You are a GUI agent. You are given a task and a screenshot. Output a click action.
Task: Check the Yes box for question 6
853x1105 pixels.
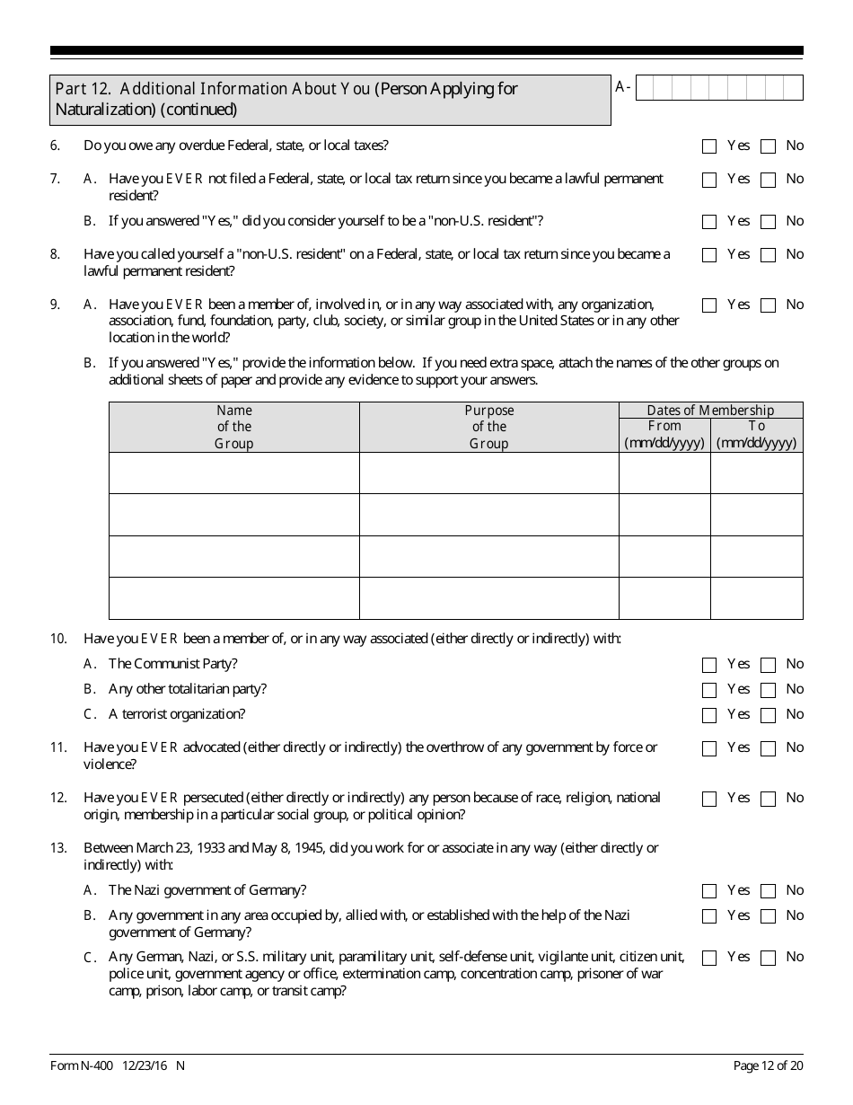click(709, 146)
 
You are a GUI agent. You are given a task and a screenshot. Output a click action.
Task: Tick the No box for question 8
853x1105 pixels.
click(768, 255)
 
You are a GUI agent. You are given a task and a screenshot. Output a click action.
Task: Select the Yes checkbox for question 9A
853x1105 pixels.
click(709, 305)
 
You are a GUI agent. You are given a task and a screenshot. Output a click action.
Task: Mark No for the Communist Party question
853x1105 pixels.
click(768, 665)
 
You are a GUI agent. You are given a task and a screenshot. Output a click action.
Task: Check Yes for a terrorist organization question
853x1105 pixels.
click(709, 715)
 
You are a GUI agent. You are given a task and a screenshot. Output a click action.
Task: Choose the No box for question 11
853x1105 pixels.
click(768, 748)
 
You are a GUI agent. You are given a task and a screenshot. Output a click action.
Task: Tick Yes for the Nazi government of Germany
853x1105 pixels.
click(709, 891)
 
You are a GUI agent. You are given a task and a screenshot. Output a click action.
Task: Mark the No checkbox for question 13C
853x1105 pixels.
click(768, 958)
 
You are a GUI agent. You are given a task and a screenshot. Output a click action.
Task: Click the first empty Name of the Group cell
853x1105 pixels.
click(234, 473)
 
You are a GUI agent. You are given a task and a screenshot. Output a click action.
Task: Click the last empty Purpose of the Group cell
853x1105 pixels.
click(489, 598)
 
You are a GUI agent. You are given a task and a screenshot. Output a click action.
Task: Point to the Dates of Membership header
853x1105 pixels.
click(710, 411)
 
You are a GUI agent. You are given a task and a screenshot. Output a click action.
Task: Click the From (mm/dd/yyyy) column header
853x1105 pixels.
click(664, 435)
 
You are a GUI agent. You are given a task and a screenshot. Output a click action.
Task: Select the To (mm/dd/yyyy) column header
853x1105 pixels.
click(757, 435)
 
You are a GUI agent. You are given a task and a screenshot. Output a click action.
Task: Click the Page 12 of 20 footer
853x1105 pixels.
click(768, 1066)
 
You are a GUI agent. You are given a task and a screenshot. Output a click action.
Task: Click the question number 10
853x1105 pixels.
click(58, 639)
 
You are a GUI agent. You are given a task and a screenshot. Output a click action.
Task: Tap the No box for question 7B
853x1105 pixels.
click(768, 222)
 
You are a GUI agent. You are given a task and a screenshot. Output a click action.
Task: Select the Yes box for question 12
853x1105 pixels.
click(709, 799)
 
